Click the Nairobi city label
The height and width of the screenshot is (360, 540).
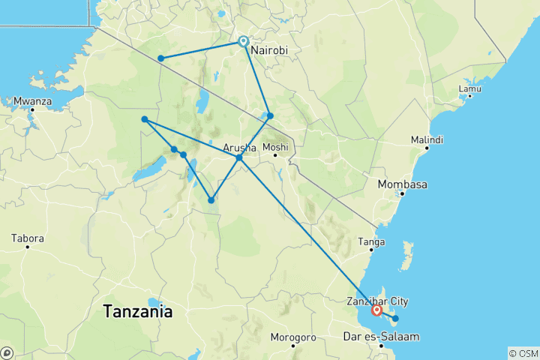pos(269,50)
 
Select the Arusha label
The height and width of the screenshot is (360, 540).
pos(240,148)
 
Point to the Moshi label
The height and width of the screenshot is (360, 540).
pos(275,147)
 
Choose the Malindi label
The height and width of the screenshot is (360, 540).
pos(427,140)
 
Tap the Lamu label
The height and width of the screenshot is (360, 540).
pos(469,88)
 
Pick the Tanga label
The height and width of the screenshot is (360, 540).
pos(373,241)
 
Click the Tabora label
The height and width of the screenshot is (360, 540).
pos(27,238)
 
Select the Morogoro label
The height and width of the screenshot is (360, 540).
pos(292,337)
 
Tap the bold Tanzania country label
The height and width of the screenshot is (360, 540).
pos(138,310)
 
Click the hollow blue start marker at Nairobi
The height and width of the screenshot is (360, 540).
pos(243,41)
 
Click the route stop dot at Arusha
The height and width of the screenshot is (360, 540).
pos(239,157)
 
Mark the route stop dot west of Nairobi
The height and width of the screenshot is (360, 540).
pos(160,58)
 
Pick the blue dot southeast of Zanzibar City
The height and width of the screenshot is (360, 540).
pos(395,319)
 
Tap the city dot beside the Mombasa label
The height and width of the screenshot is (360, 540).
pos(402,193)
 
